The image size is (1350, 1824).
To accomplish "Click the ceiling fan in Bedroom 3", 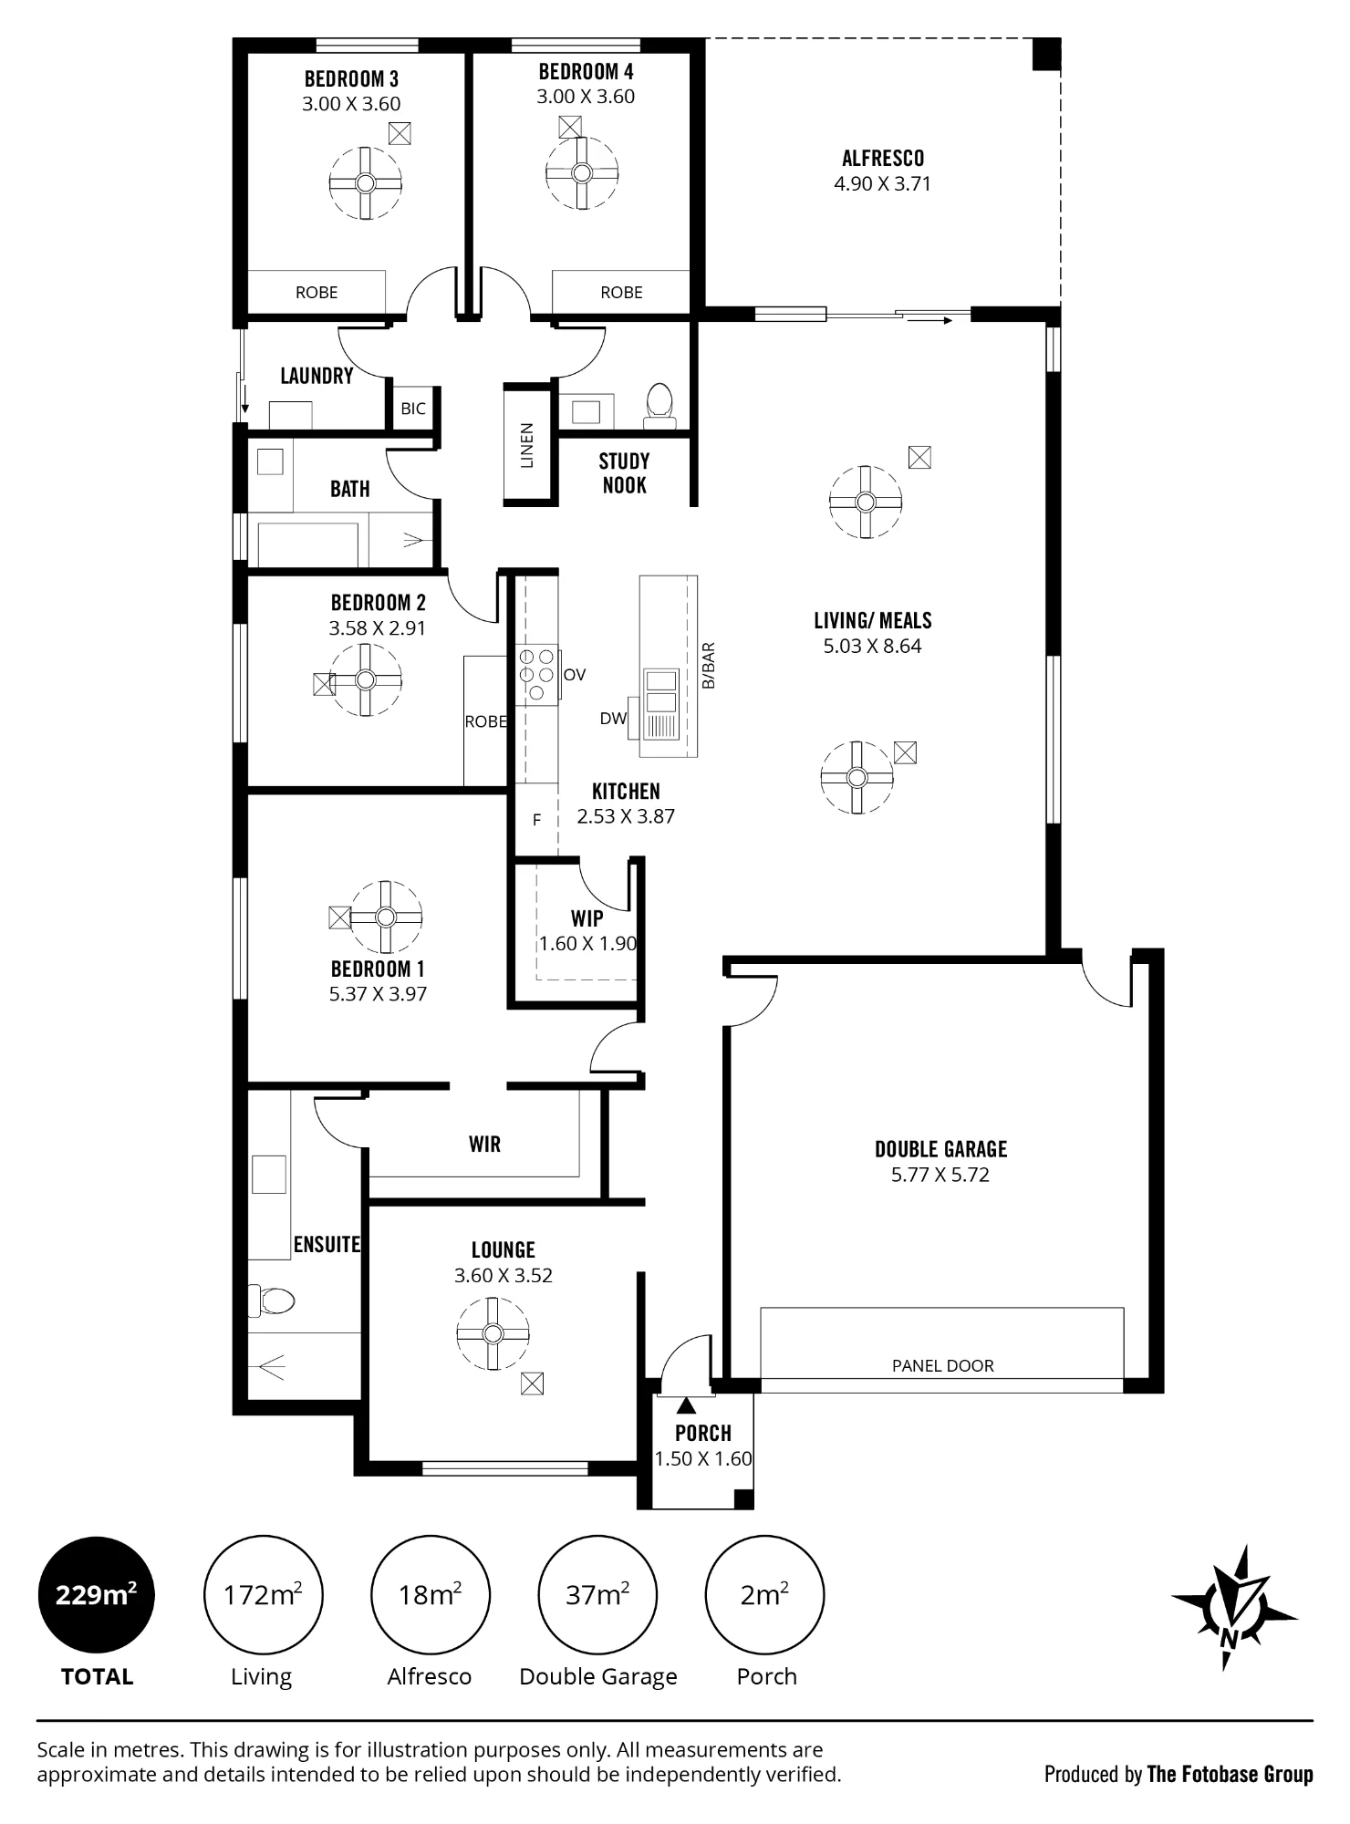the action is tap(365, 183).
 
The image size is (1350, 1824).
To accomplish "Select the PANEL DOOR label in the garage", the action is tap(942, 1365).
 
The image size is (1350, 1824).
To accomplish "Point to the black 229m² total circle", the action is tap(96, 1595).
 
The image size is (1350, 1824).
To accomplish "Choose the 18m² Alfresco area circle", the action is tap(430, 1595).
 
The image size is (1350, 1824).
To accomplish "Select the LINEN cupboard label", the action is tap(526, 445).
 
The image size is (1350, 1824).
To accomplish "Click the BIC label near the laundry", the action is tap(413, 409).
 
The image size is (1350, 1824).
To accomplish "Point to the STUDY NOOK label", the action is tap(624, 473).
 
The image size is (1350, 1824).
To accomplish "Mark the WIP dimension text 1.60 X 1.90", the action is tap(587, 944).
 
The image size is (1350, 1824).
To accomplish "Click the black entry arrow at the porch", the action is tap(686, 1405).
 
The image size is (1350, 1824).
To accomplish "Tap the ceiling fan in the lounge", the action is tap(493, 1334).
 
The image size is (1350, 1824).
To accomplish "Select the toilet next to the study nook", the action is tap(659, 405).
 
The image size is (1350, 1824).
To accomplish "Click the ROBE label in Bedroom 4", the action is tap(621, 293).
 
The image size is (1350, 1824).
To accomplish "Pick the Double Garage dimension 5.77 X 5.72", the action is tap(940, 1175).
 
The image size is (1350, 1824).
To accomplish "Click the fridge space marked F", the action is tap(536, 820).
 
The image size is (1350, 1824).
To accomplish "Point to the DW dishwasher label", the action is tap(613, 719).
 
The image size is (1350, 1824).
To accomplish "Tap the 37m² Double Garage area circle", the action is tap(597, 1595).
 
